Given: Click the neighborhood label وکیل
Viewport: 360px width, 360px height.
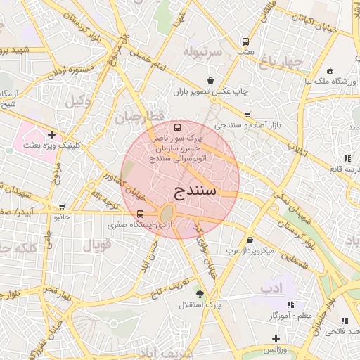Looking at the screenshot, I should click(x=78, y=101).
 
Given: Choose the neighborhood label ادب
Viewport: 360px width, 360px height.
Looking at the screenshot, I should click(x=271, y=288).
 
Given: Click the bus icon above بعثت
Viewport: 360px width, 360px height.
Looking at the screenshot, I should click(x=245, y=41).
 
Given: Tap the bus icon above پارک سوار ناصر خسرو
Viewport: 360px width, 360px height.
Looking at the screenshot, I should click(x=176, y=128).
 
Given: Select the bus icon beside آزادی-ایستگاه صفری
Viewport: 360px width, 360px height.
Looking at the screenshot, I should click(x=141, y=214).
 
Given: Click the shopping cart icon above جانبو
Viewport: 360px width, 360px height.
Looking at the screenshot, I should click(x=63, y=207).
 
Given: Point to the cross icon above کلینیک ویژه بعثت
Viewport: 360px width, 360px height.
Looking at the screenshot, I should click(x=51, y=134).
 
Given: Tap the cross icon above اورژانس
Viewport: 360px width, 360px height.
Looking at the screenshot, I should click(x=275, y=339).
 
